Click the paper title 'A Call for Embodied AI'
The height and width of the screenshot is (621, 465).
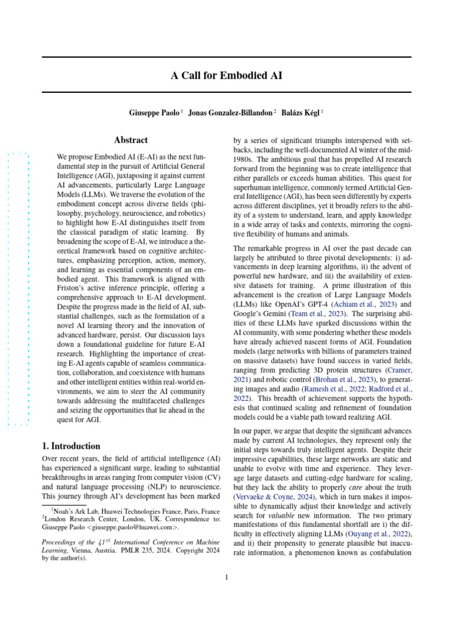coord(226,76)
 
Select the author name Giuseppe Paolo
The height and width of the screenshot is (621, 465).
coord(154,113)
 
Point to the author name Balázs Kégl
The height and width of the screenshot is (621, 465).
coord(301,113)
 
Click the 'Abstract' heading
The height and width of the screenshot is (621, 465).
coord(131,140)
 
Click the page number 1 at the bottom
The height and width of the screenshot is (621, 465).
coord(226,577)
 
